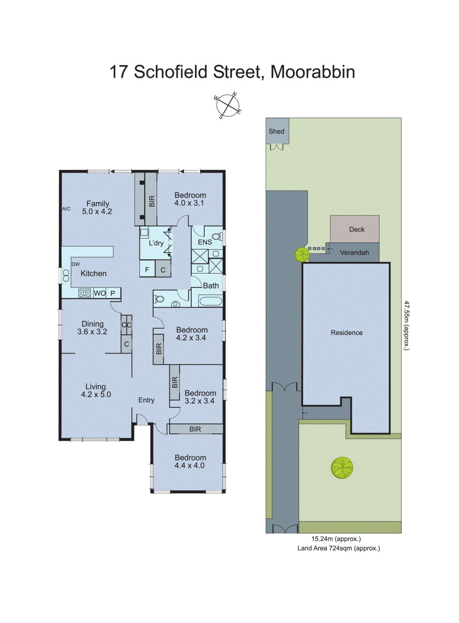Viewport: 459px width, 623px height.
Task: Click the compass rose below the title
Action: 228,106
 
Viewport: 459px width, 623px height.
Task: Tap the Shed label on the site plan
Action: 276,132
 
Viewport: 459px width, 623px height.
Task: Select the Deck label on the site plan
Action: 357,229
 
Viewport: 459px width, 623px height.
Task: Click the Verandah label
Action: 354,253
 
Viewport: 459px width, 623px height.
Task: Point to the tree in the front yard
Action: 342,467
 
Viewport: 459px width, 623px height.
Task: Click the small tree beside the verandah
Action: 302,255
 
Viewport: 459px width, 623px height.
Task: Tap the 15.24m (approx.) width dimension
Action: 336,539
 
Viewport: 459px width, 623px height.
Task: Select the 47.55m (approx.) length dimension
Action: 406,326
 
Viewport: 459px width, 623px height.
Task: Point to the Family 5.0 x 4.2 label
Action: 97,208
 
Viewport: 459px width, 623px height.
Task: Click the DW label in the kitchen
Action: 76,264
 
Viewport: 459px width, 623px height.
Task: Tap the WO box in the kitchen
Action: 100,293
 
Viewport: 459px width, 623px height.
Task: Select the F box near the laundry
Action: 147,269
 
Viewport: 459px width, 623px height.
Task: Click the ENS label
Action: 205,242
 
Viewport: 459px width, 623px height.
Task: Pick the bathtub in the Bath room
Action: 210,301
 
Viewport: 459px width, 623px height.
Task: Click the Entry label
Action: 146,400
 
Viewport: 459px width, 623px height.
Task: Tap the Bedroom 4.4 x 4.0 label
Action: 190,461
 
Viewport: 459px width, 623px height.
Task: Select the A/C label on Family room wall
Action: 67,209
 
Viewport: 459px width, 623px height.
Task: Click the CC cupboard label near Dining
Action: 127,325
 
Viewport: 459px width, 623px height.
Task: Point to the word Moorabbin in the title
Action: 313,72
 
